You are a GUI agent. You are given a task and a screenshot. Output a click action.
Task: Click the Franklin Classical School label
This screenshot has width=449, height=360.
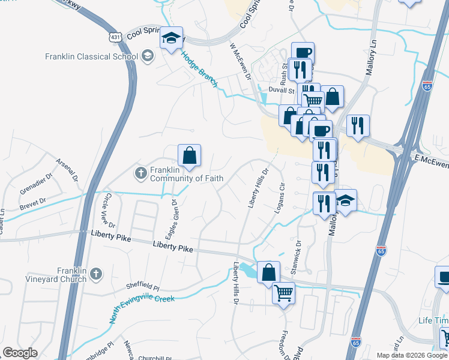point(92,57)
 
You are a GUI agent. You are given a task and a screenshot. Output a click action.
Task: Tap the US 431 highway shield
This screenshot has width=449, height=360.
point(116,37)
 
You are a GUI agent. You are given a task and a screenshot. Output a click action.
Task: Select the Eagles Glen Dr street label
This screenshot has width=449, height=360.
point(172,220)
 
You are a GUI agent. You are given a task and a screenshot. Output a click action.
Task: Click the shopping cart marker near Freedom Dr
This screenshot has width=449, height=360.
point(283,293)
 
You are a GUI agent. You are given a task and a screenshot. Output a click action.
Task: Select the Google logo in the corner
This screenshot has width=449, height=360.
point(20,353)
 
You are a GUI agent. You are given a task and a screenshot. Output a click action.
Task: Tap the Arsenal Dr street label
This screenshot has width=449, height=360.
point(67,170)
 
